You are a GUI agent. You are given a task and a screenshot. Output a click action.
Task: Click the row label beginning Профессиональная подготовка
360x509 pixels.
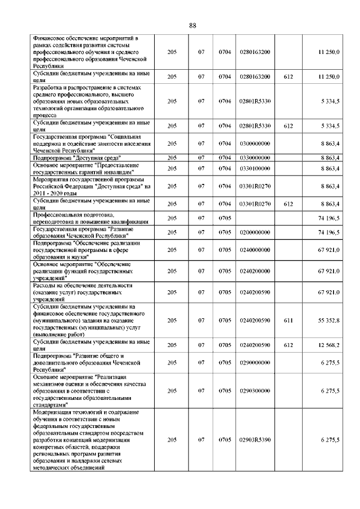pyautogui.click(x=82, y=218)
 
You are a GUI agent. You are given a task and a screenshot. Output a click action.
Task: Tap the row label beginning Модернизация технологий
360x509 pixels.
pyautogui.click(x=89, y=439)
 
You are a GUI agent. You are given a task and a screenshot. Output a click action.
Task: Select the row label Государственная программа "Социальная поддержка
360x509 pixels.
pyautogui.click(x=91, y=145)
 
